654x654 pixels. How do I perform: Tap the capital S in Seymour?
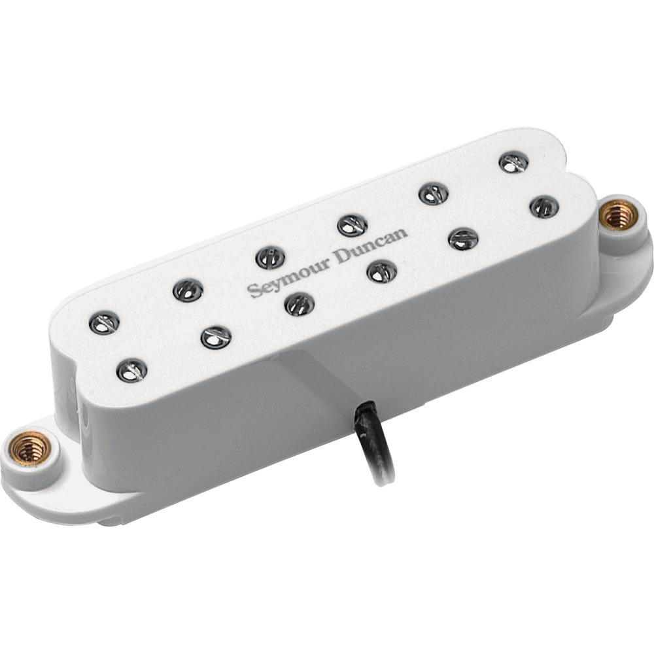pyautogui.click(x=252, y=291)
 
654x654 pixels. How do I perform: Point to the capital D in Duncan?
pyautogui.click(x=343, y=256)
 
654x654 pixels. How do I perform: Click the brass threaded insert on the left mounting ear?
pyautogui.click(x=29, y=447)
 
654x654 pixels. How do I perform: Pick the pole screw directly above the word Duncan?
pyautogui.click(x=352, y=226)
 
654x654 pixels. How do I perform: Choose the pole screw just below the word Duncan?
pyautogui.click(x=382, y=270)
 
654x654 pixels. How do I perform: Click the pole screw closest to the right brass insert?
pyautogui.click(x=544, y=207)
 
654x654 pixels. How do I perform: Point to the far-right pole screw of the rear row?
pyautogui.click(x=514, y=162)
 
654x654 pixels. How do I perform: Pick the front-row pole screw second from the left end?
pyautogui.click(x=216, y=337)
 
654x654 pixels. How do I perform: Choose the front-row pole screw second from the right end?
pyautogui.click(x=463, y=238)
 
